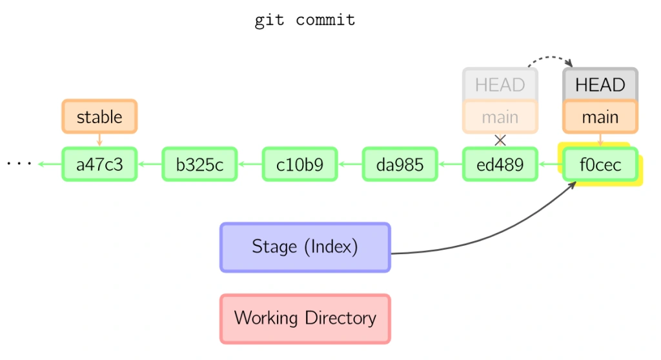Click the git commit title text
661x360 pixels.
pyautogui.click(x=305, y=20)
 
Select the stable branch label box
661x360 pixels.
pyautogui.click(x=99, y=117)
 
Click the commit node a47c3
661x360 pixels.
pyautogui.click(x=99, y=165)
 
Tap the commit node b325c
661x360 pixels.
pyautogui.click(x=199, y=165)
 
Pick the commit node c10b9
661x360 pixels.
pyautogui.click(x=300, y=165)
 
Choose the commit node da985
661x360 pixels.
pyautogui.click(x=400, y=165)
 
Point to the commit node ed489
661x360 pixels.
pyautogui.click(x=500, y=165)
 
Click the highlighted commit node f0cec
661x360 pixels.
pyautogui.click(x=600, y=165)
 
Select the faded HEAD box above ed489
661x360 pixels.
pyautogui.click(x=500, y=85)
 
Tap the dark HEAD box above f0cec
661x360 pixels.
pyautogui.click(x=600, y=85)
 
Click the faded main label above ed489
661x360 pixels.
pyautogui.click(x=500, y=117)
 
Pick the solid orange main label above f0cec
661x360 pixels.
pyautogui.click(x=600, y=117)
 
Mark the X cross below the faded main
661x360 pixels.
pyautogui.click(x=500, y=140)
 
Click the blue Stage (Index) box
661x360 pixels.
pyautogui.click(x=305, y=247)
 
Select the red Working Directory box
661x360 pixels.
pyautogui.click(x=305, y=318)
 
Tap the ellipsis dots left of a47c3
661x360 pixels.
pyautogui.click(x=19, y=164)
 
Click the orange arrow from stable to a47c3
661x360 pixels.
pyautogui.click(x=99, y=140)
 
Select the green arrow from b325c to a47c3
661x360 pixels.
pyautogui.click(x=150, y=165)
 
